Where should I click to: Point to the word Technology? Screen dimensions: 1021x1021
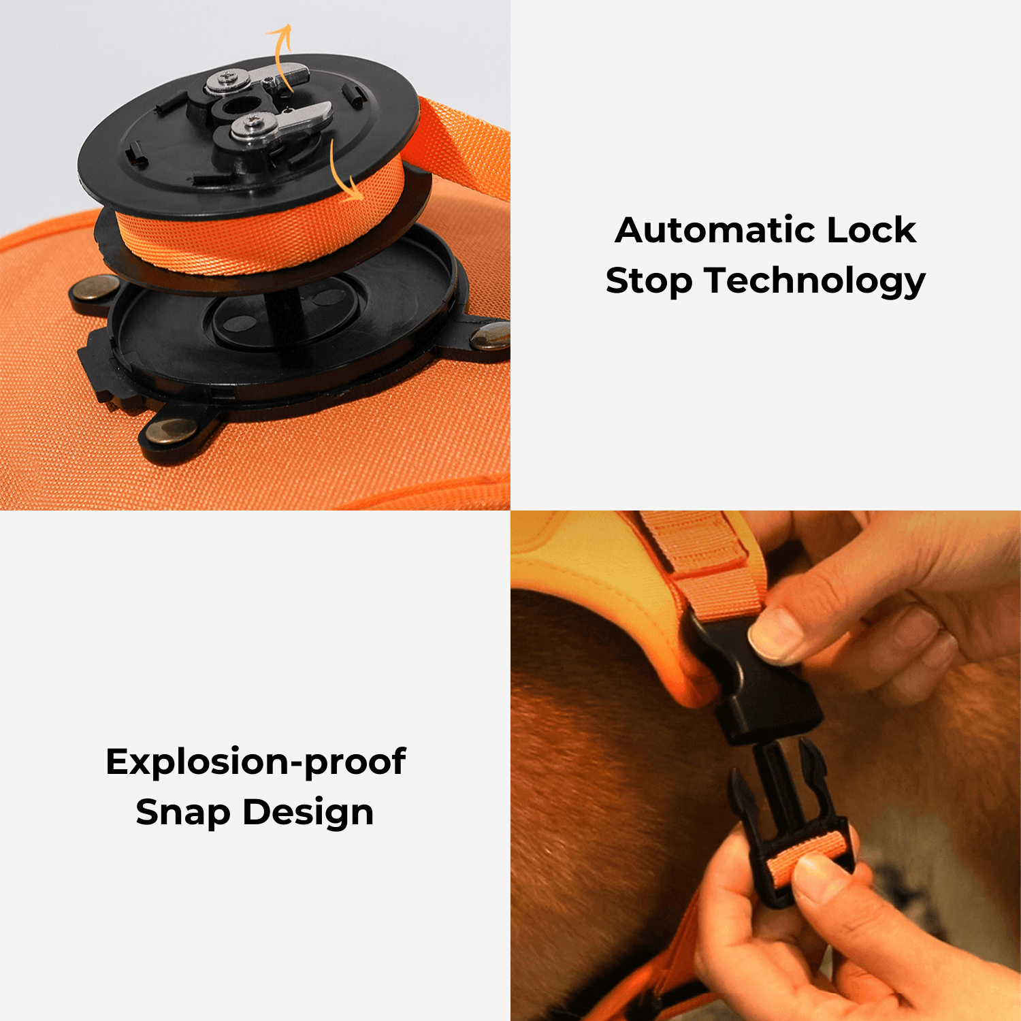815,282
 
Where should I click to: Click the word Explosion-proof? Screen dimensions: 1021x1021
256,762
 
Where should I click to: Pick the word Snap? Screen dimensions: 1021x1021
183,813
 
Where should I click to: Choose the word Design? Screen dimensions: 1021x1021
308,813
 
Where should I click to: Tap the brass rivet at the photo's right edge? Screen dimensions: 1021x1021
491,336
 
